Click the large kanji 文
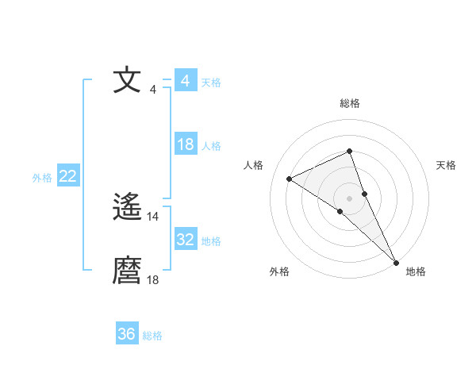tap(127, 81)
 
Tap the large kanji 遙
tap(127, 208)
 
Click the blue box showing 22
tap(68, 176)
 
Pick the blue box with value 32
tap(186, 240)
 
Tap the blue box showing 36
tap(127, 334)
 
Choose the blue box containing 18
tap(186, 144)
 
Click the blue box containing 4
tap(186, 81)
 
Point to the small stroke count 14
tap(153, 216)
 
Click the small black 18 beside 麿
tap(153, 279)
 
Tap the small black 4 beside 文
tap(152, 89)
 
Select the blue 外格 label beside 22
tap(42, 178)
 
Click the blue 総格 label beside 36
tap(152, 336)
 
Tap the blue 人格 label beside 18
tap(211, 146)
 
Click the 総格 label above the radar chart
tap(350, 103)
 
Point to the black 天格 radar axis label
tap(446, 165)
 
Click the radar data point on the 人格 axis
tap(290, 179)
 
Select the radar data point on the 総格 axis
tap(349, 151)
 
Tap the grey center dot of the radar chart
tap(349, 198)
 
